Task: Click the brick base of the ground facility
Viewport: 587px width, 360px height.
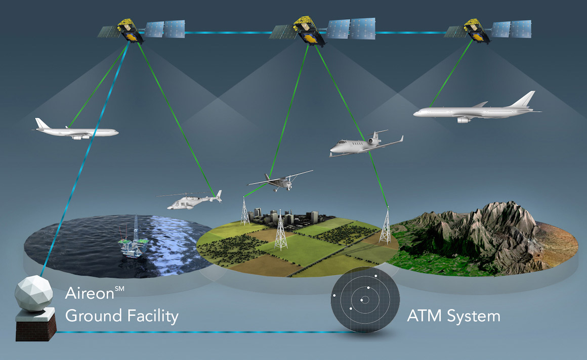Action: point(36,328)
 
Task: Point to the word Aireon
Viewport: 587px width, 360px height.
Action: point(90,293)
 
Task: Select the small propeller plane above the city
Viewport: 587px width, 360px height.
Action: point(280,181)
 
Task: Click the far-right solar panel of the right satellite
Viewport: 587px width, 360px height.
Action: point(521,29)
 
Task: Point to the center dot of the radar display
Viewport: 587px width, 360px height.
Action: point(362,300)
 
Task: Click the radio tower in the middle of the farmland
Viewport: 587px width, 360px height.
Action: point(280,230)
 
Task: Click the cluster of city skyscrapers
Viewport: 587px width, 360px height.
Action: point(284,216)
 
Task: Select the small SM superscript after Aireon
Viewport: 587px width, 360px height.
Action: point(119,289)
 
